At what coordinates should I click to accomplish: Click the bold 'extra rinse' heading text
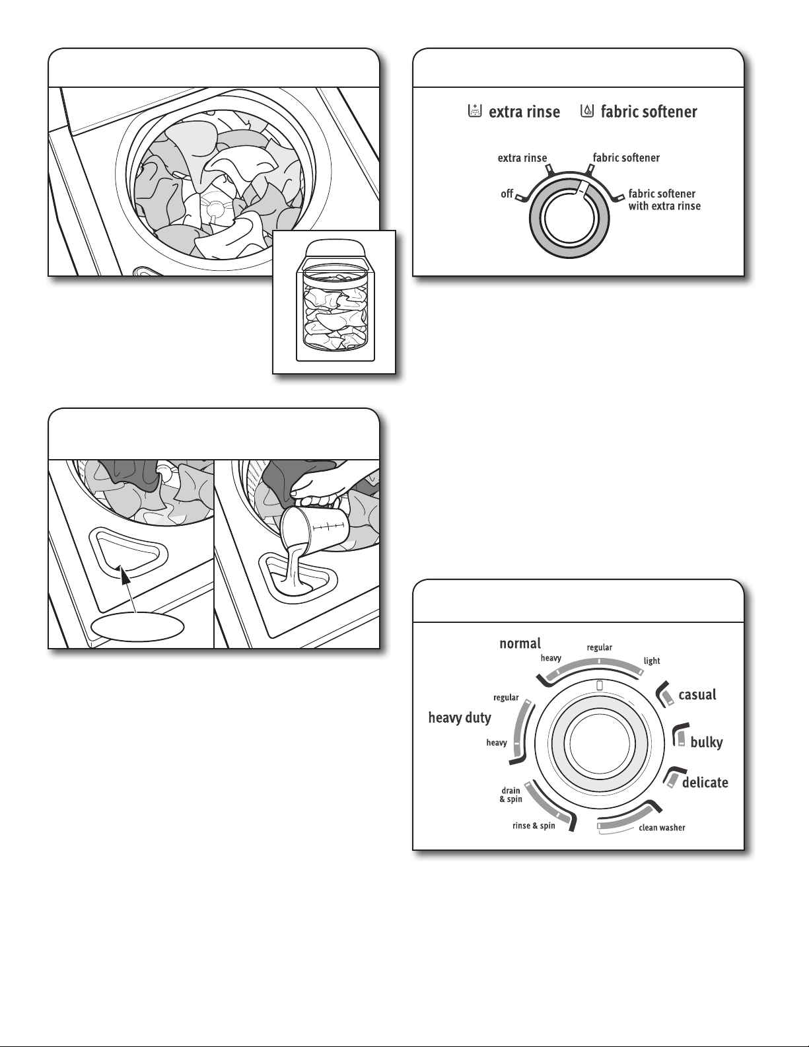point(524,112)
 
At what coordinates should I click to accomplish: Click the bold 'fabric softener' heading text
point(649,112)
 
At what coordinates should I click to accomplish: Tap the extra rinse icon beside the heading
point(473,111)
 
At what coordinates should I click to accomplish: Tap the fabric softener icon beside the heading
point(586,111)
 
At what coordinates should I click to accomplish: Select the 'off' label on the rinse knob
point(507,194)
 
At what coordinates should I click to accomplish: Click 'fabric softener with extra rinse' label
point(663,199)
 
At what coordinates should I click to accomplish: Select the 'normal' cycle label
point(520,643)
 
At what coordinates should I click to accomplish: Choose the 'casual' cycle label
point(697,694)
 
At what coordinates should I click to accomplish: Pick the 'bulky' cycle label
point(706,742)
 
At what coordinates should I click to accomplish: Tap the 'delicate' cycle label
point(705,783)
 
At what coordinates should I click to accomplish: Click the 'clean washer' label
point(661,828)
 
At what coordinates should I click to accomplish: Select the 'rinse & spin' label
point(534,826)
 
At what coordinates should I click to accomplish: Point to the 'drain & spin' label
point(510,795)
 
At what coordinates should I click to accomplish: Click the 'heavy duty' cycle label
point(460,717)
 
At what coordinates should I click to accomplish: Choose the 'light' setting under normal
point(652,661)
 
